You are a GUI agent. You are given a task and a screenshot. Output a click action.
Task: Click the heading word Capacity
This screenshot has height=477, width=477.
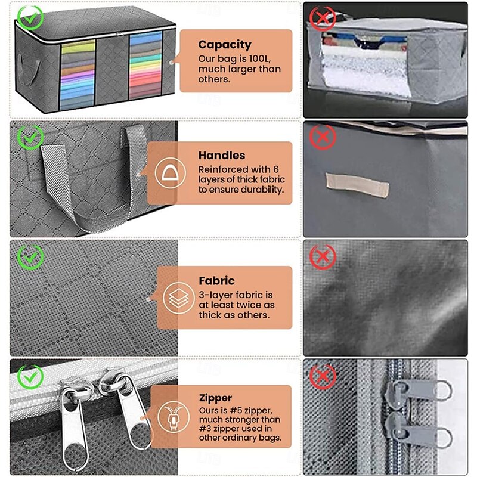225,44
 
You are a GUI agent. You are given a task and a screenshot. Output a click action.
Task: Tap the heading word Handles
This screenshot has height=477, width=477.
222,155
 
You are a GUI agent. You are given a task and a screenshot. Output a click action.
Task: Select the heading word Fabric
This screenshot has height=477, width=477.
217,280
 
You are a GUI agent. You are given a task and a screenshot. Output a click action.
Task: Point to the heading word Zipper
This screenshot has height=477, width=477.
216,398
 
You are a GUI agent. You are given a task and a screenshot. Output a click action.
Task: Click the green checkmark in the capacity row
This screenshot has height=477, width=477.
29,17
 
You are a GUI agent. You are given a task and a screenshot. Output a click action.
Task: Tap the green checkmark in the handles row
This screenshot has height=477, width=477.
29,137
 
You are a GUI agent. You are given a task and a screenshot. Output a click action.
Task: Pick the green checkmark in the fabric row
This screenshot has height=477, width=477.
29,257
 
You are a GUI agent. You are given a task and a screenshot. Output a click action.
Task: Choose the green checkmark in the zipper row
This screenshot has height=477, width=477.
29,377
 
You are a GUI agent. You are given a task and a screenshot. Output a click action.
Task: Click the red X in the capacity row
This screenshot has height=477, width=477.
323,18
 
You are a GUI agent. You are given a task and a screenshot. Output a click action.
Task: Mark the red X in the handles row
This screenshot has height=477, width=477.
323,138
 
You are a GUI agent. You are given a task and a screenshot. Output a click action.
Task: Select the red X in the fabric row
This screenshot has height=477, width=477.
323,258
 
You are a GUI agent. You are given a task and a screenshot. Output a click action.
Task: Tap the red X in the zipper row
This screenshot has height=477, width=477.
323,377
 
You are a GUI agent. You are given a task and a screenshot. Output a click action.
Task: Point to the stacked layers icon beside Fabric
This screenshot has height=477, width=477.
174,298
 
